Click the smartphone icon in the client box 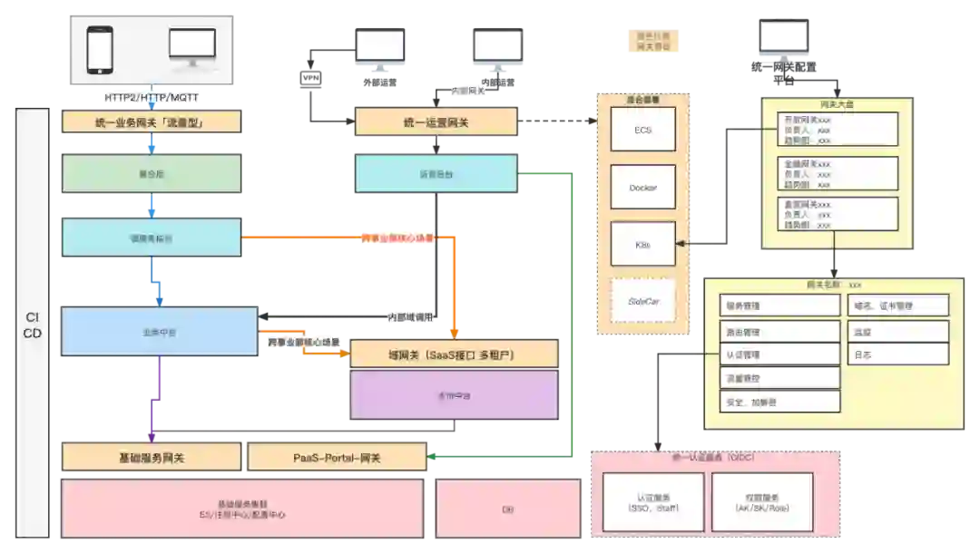click(101, 50)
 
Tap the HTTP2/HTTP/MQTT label click(152, 96)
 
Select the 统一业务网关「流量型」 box click(152, 122)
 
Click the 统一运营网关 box click(436, 122)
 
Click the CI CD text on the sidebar click(32, 325)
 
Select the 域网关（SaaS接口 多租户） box click(454, 355)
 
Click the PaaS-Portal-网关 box click(337, 458)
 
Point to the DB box click(508, 509)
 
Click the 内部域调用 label click(411, 318)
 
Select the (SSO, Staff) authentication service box click(652, 502)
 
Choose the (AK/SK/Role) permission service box click(760, 502)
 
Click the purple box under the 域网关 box click(454, 395)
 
